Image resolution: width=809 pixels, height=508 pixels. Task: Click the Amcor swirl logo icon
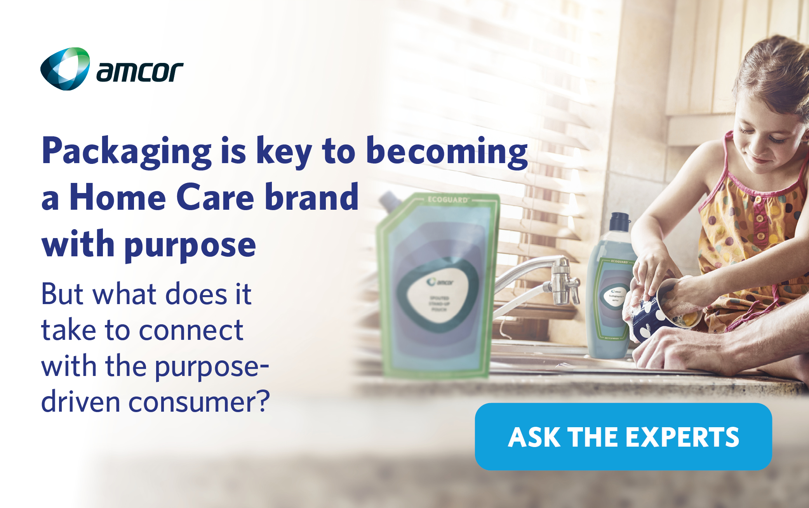[x=65, y=69]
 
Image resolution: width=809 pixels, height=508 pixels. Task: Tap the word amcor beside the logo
[x=139, y=72]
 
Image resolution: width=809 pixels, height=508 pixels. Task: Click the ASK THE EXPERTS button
[x=623, y=437]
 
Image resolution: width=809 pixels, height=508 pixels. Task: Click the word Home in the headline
[x=118, y=198]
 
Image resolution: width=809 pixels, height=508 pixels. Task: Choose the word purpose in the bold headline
[x=190, y=245]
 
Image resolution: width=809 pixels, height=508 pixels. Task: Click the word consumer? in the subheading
[x=199, y=402]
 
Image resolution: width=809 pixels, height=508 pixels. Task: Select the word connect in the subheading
[x=191, y=330]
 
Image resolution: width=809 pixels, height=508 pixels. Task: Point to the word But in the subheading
[x=62, y=294]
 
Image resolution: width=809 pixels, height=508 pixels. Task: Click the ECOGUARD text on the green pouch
[x=447, y=200]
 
